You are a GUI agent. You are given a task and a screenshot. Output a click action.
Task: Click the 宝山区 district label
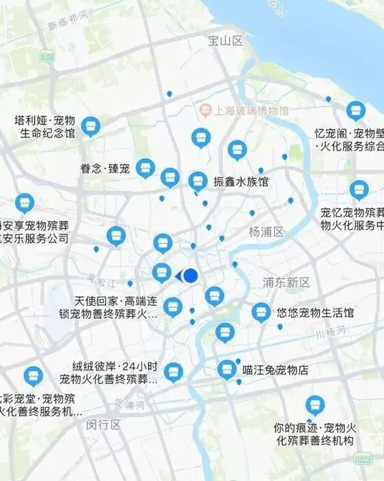(226, 41)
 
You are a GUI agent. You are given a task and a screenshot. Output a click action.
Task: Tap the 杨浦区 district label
(266, 232)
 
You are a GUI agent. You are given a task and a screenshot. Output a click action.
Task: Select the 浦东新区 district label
(286, 282)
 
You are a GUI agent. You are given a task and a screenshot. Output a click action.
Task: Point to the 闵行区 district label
(104, 425)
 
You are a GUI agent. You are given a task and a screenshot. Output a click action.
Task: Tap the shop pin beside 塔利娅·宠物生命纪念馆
(90, 126)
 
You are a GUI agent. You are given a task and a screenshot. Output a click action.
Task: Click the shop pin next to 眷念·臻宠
(145, 168)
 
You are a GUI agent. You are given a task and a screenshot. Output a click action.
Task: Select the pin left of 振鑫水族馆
(198, 181)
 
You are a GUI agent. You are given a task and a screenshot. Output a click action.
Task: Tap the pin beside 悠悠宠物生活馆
(260, 312)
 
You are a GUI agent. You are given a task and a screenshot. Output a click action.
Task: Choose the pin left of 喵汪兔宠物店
(226, 370)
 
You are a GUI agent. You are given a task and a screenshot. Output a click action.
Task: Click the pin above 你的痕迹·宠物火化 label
(314, 405)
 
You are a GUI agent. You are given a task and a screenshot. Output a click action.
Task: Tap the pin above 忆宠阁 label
(355, 110)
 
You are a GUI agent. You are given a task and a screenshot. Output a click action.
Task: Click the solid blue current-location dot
(191, 276)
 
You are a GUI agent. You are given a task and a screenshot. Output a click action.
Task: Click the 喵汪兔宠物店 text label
(275, 370)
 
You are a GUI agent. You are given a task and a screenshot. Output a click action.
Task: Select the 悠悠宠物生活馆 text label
(315, 313)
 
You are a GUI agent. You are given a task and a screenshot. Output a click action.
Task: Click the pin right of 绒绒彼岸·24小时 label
(173, 372)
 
